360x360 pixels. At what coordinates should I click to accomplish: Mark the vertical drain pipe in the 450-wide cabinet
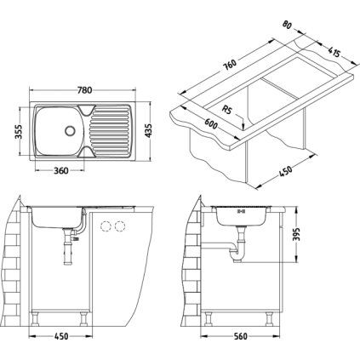(x=66, y=255)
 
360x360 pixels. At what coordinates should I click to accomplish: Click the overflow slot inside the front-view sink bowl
(x=240, y=213)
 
